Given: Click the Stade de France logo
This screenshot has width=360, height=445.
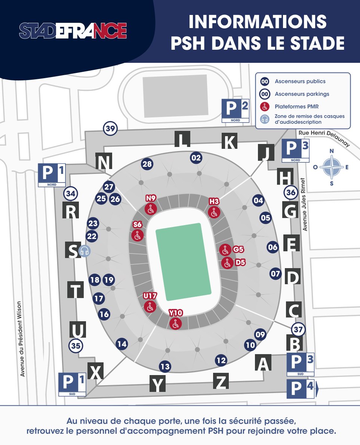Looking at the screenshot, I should click(73, 31).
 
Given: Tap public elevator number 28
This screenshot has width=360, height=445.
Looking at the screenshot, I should click(147, 164).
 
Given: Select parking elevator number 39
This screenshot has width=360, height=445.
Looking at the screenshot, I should click(110, 129).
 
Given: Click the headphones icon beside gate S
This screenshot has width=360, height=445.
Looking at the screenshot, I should click(84, 251).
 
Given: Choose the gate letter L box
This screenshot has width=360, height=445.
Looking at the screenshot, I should click(182, 140).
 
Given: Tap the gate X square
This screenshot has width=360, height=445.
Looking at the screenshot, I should click(96, 371).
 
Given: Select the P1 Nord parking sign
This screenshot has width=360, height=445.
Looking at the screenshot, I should click(52, 175).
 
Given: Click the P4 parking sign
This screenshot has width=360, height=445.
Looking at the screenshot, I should click(301, 389).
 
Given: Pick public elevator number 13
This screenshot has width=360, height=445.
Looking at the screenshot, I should click(165, 366).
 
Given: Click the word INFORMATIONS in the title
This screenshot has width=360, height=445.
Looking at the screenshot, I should click(258, 22).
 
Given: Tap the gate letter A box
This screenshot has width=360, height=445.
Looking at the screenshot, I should click(264, 362).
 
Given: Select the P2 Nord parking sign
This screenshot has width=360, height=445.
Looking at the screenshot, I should click(236, 110).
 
